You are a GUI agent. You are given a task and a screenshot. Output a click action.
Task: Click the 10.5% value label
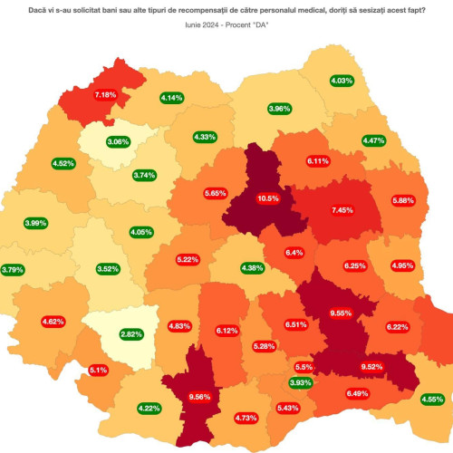pyautogui.click(x=269, y=198)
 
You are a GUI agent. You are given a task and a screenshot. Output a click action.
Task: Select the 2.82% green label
pyautogui.click(x=132, y=334)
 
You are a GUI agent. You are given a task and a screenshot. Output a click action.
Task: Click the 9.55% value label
pyautogui.click(x=340, y=313)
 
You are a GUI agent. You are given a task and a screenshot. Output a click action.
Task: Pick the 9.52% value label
pyautogui.click(x=373, y=366)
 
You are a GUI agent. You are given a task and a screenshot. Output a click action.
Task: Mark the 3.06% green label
pyautogui.click(x=118, y=142)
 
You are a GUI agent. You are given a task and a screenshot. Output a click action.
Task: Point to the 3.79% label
pyautogui.click(x=13, y=269)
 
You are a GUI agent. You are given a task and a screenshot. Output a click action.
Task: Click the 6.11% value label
pyautogui.click(x=317, y=160)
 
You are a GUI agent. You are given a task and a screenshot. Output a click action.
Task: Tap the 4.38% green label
pyautogui.click(x=253, y=267)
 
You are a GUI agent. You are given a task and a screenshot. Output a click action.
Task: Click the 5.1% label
pyautogui.click(x=99, y=370)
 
